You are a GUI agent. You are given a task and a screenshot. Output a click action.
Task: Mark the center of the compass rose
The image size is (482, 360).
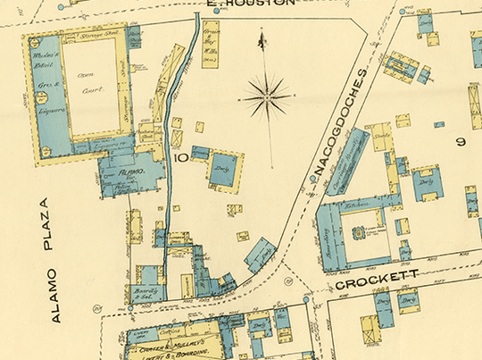[268, 94]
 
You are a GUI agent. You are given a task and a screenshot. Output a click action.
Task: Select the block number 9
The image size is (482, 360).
[461, 141]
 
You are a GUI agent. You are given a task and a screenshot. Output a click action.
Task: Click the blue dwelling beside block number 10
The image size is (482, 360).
[222, 170]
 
